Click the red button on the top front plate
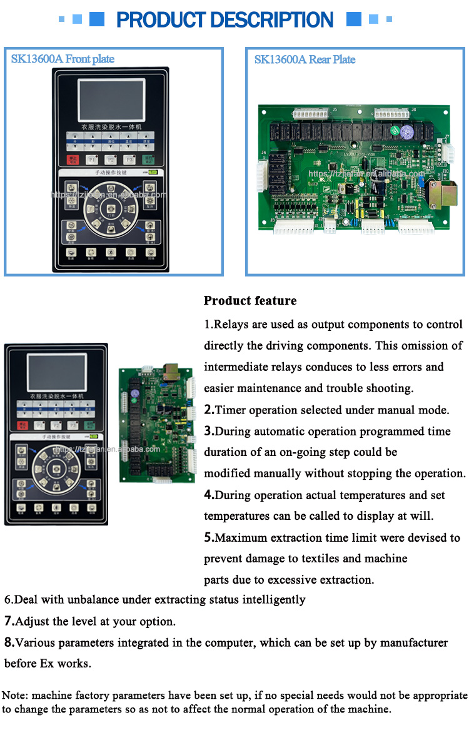(74, 160)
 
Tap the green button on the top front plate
(150, 160)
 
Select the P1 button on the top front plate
(92, 160)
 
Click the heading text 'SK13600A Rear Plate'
(305, 59)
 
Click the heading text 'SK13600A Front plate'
(63, 59)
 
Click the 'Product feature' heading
(250, 301)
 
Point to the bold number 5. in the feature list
(209, 537)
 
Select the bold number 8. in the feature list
(9, 642)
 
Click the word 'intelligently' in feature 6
(273, 599)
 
